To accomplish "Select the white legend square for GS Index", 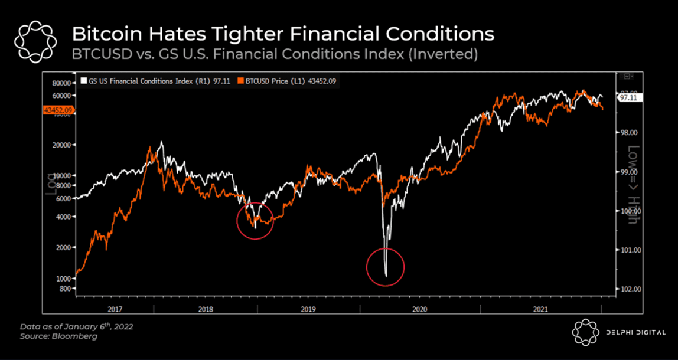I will click(83, 81).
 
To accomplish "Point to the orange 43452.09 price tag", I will click(58, 110).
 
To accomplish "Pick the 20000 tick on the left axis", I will click(61, 145).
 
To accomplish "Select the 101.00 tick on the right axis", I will click(627, 250).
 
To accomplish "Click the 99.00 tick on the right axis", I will click(627, 172).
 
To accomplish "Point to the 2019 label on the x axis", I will click(308, 309).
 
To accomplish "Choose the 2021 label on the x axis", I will click(540, 309).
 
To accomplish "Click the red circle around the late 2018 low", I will click(255, 221).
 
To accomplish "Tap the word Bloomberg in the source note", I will click(76, 336).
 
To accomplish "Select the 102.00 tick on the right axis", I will click(627, 289).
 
